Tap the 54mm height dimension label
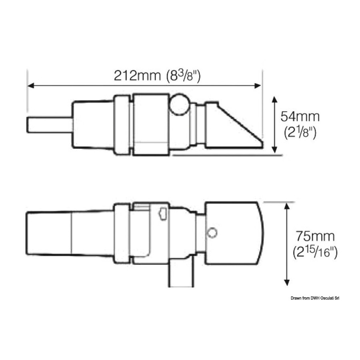[x=300, y=116]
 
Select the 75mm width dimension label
[x=315, y=236]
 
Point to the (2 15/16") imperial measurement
[x=315, y=252]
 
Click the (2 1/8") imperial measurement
[x=300, y=132]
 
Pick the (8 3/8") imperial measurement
[x=183, y=76]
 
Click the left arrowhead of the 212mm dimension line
[x=30, y=86]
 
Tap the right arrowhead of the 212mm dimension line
[x=258, y=86]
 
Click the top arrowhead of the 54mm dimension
[x=274, y=100]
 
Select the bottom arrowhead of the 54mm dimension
[x=274, y=150]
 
